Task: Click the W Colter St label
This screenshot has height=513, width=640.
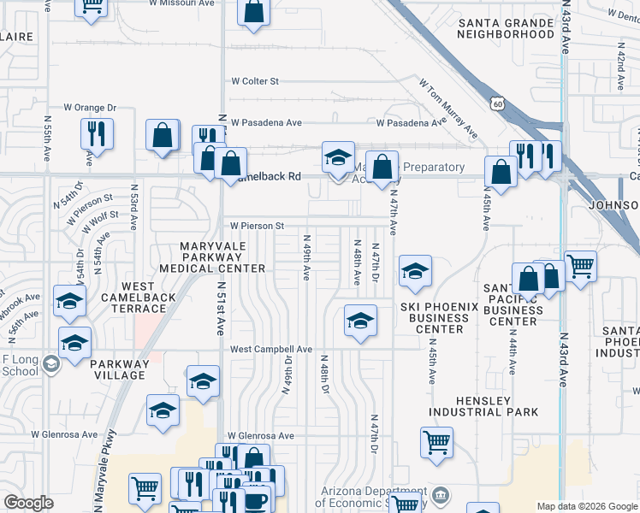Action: point(255,81)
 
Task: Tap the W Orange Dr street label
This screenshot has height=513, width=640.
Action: point(90,108)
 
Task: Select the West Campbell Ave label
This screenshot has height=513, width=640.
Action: point(270,349)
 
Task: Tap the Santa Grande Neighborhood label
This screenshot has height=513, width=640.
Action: point(506,28)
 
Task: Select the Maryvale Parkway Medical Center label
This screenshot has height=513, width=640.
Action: point(222,257)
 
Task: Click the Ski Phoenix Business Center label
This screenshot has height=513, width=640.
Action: point(435,317)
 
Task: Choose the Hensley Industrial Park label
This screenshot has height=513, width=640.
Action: point(484,406)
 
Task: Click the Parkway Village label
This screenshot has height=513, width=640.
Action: point(120,369)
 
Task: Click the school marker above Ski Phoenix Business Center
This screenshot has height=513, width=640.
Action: point(415,272)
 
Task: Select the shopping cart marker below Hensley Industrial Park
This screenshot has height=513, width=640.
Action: point(436,443)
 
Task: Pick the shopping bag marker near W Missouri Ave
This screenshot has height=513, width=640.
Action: point(254,11)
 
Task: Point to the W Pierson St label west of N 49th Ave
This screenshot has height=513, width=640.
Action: point(255,226)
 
